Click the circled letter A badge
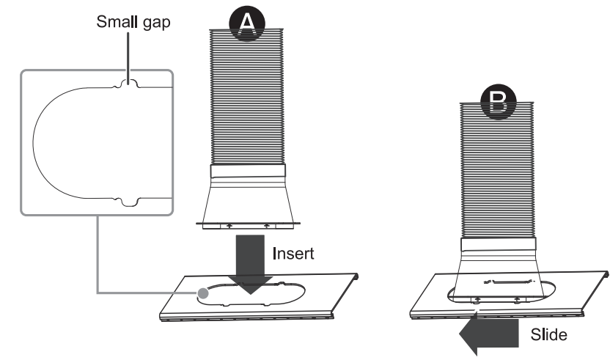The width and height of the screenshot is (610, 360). [x=249, y=24]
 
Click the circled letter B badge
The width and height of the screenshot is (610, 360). [x=499, y=102]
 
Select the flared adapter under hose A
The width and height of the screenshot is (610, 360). [x=248, y=199]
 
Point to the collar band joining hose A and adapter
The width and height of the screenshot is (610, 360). [x=248, y=174]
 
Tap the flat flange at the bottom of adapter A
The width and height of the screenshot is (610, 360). [x=248, y=221]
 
